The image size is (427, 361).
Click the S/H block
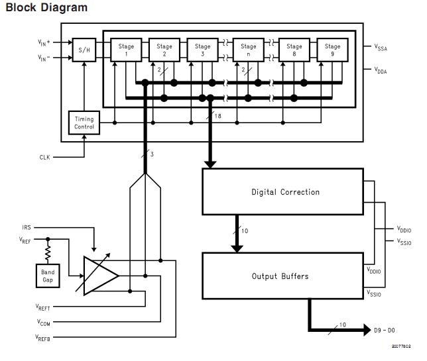(x=84, y=50)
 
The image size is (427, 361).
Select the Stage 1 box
(x=126, y=50)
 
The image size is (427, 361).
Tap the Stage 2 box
(x=164, y=50)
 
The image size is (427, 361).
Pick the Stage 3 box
(x=202, y=50)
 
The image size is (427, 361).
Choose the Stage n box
(x=249, y=50)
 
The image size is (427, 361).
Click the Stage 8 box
(x=294, y=50)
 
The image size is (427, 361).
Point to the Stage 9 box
(x=333, y=50)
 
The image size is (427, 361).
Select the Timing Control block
(x=84, y=123)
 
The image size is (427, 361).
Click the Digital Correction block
(x=285, y=192)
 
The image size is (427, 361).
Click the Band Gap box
(x=48, y=276)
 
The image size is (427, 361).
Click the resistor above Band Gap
(x=48, y=252)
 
